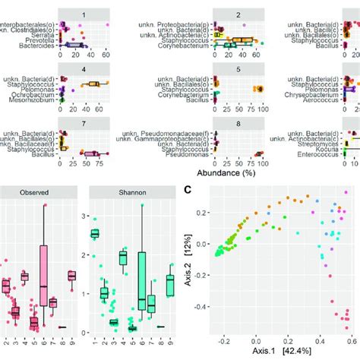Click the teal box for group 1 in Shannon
[94, 234]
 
